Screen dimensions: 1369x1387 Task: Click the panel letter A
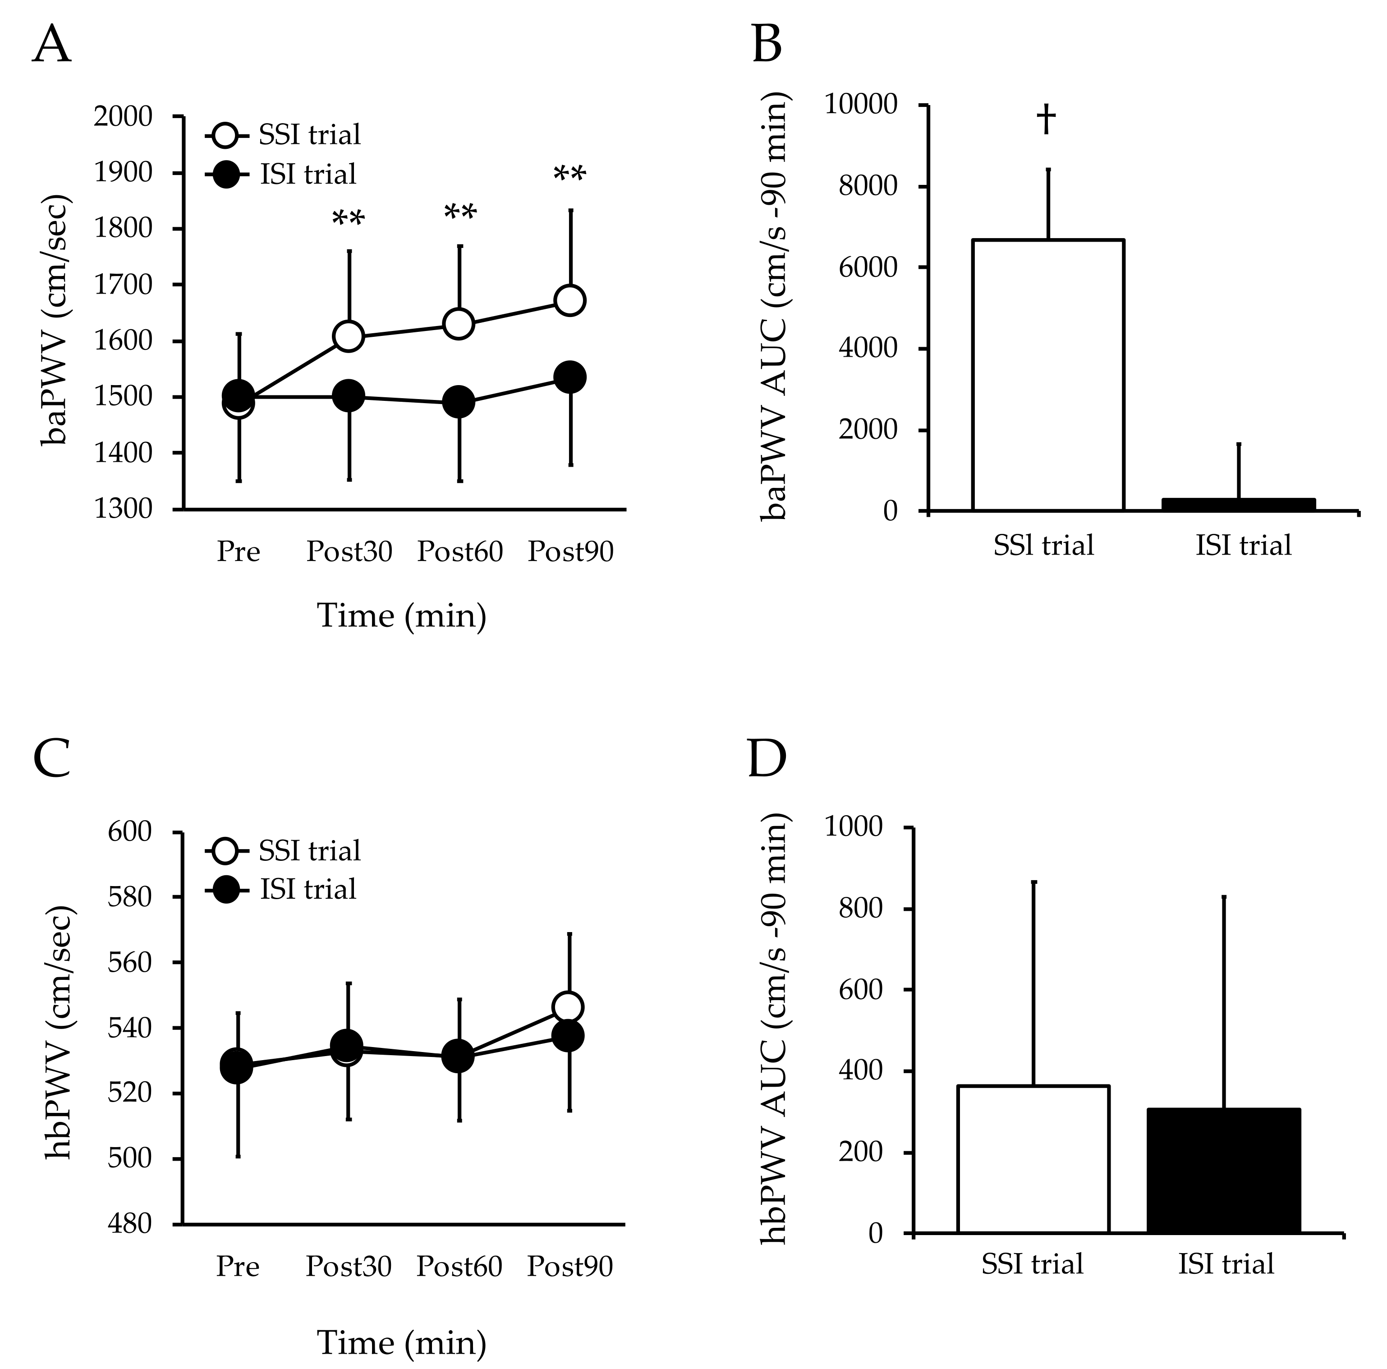(52, 45)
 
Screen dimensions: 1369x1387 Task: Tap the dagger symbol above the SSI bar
(1046, 119)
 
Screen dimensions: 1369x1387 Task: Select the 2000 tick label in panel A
(123, 116)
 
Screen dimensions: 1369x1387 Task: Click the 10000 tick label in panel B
(860, 105)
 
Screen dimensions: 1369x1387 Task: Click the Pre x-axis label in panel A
(239, 552)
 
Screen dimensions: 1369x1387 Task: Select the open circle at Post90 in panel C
(568, 1007)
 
